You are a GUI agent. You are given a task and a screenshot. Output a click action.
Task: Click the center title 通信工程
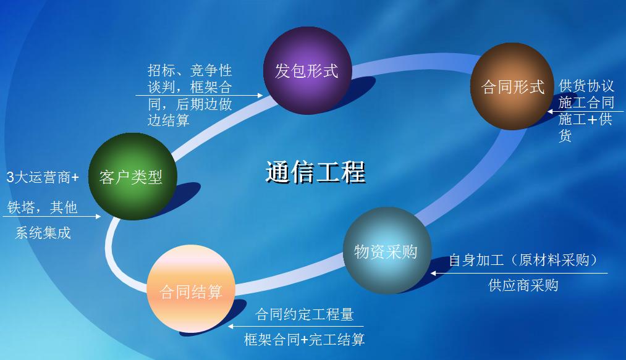pos(315,172)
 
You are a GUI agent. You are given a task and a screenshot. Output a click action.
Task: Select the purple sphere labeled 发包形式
pos(307,70)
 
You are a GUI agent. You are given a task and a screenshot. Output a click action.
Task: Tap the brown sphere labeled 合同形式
pos(512,86)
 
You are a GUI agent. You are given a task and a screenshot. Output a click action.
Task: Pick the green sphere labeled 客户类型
pos(132,177)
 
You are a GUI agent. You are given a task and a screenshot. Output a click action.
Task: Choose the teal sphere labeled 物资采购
pos(387,251)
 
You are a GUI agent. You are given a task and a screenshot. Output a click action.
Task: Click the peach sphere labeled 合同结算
pos(191,288)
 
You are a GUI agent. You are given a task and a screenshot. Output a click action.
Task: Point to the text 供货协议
pos(586,86)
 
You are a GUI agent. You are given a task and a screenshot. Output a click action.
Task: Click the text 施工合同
pos(586,103)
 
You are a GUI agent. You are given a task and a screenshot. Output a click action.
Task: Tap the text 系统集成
pos(43,233)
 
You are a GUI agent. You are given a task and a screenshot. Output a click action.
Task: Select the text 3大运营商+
pos(43,177)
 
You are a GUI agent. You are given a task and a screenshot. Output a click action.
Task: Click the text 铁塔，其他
pos(42,207)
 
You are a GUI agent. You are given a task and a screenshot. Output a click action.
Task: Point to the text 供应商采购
pos(523,285)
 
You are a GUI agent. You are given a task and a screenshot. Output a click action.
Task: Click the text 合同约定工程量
pos(304,314)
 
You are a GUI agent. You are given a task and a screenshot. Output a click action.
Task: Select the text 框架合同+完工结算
pos(304,339)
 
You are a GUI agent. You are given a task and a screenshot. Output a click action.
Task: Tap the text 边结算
pos(169,120)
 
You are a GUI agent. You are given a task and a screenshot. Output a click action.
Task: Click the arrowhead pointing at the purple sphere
pos(260,95)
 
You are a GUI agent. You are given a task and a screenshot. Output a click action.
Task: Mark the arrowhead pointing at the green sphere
pos(98,216)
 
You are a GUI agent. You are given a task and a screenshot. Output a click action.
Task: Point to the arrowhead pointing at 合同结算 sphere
pos(231,327)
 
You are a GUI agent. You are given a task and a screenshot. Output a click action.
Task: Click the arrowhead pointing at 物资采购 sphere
pos(434,274)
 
